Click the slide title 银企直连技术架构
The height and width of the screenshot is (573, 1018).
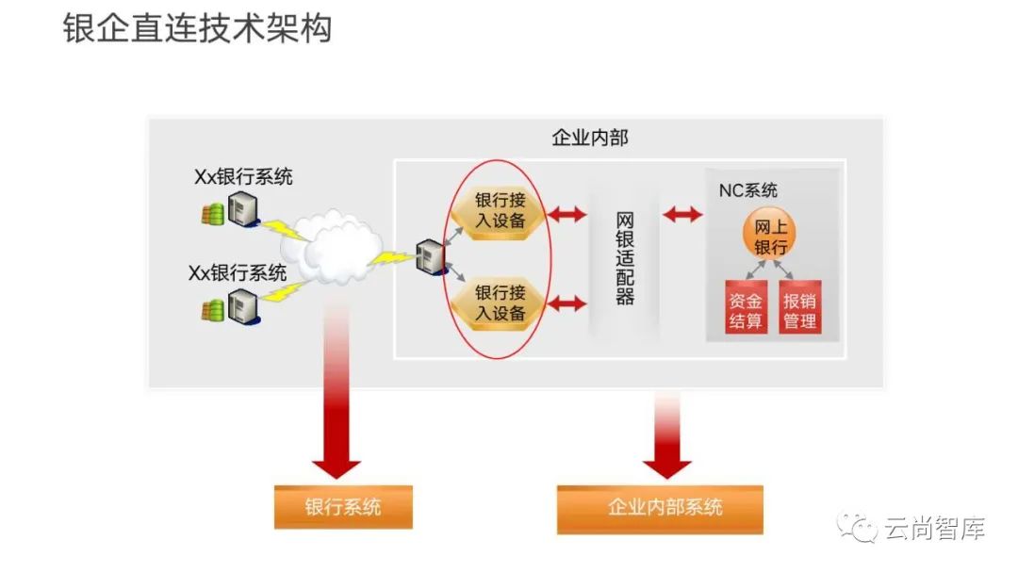198,28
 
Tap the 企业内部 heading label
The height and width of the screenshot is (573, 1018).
590,138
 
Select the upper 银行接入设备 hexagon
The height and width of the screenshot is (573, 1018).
500,212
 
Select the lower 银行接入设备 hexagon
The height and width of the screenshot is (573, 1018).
500,303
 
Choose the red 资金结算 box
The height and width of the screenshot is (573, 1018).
746,310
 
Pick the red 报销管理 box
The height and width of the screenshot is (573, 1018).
800,310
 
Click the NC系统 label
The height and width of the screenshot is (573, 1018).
748,191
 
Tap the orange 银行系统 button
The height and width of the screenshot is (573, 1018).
343,507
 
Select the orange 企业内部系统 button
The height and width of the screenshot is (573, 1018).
660,507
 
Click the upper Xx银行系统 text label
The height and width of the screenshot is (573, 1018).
243,176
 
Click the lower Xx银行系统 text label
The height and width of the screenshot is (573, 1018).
238,273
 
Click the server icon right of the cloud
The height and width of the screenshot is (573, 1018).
430,256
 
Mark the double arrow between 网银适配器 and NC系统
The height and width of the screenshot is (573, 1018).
682,215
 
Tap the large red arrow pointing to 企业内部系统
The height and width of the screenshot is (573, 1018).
667,434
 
